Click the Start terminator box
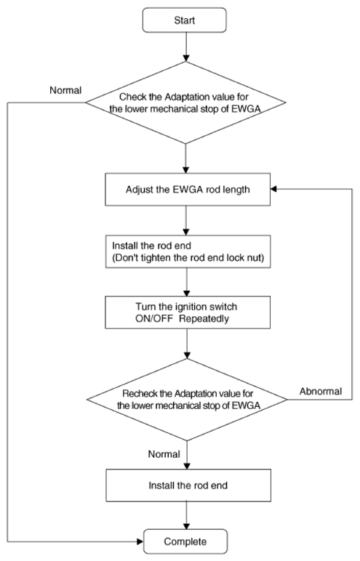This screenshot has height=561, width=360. [185, 20]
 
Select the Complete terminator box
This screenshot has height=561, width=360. [185, 541]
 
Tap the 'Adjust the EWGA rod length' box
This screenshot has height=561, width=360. [188, 189]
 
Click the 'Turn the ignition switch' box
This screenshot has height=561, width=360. [188, 312]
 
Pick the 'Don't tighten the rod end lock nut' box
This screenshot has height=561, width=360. [188, 251]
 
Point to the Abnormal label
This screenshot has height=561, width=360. [321, 391]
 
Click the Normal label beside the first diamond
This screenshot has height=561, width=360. [65, 90]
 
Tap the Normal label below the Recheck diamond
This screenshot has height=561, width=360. [164, 454]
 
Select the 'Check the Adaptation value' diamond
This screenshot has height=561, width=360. [185, 102]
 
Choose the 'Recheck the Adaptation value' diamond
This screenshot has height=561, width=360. [187, 400]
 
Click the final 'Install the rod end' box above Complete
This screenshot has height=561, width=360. [188, 485]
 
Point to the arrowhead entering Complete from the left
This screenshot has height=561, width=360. [140, 541]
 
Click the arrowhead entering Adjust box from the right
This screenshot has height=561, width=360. [273, 189]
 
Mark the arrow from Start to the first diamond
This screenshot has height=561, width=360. [185, 47]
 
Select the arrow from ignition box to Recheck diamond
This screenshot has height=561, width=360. [187, 344]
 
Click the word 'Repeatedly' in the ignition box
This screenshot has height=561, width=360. [204, 318]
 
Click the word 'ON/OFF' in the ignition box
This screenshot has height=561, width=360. [154, 318]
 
